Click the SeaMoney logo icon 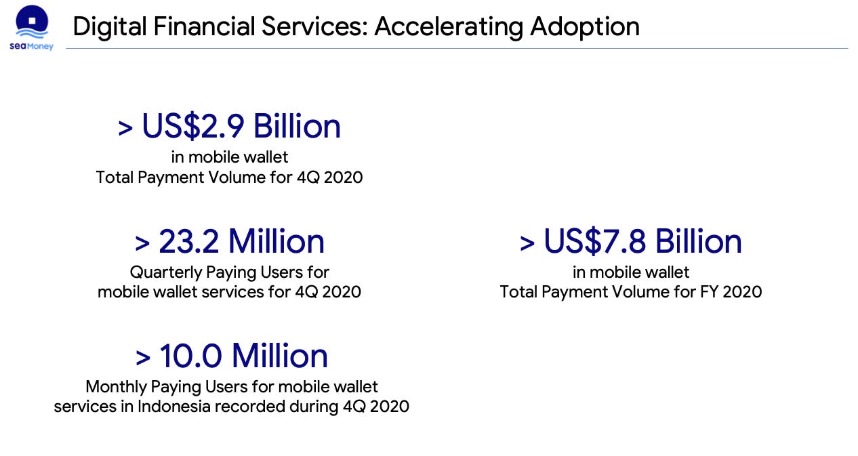pos(31,22)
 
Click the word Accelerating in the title pos(448,27)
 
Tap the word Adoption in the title pos(585,27)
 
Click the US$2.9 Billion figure pos(241,127)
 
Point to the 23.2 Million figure pos(241,242)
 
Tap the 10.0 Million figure pos(243,356)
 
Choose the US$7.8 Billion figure pos(642,242)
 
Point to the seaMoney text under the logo pos(31,46)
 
